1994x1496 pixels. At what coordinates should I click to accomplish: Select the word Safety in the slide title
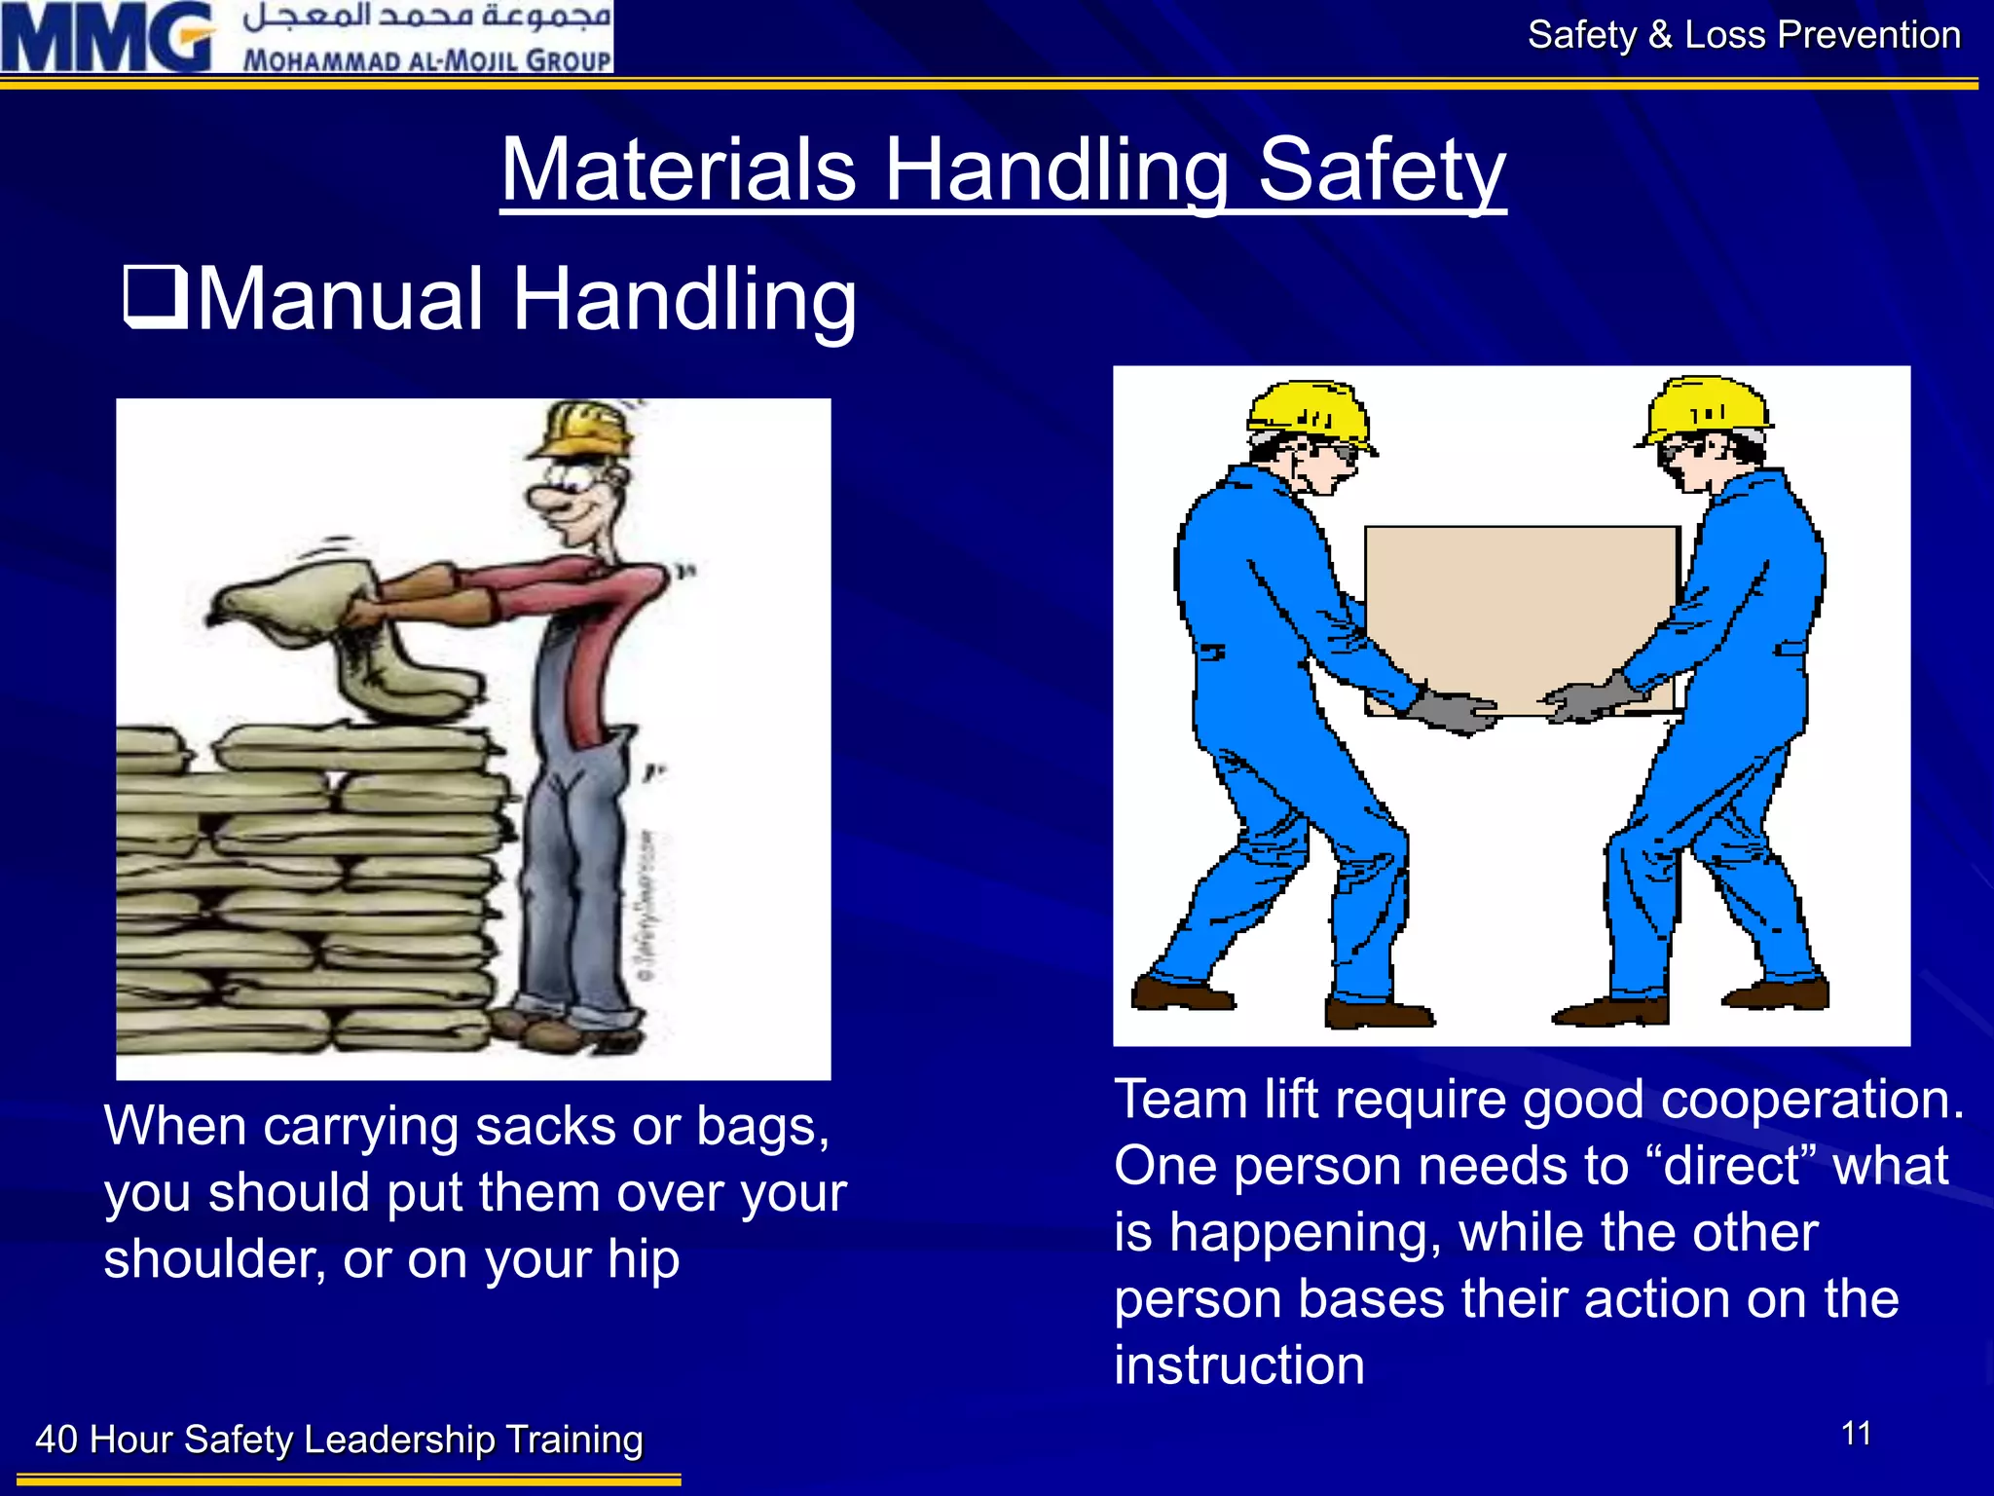(x=1382, y=169)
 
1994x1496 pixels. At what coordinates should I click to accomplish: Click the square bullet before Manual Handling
(x=155, y=297)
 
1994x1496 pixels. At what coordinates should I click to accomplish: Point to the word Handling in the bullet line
(x=683, y=299)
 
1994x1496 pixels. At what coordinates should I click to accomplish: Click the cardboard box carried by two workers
(x=1521, y=614)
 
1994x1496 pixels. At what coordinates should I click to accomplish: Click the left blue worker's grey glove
(x=1454, y=710)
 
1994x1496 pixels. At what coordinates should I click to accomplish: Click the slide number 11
(x=1857, y=1434)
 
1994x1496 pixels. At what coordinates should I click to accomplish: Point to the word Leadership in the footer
(x=399, y=1440)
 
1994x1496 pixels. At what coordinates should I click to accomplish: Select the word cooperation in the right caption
(x=1811, y=1101)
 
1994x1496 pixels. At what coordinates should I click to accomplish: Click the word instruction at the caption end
(x=1239, y=1365)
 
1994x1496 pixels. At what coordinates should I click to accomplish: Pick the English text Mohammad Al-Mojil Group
(x=426, y=60)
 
